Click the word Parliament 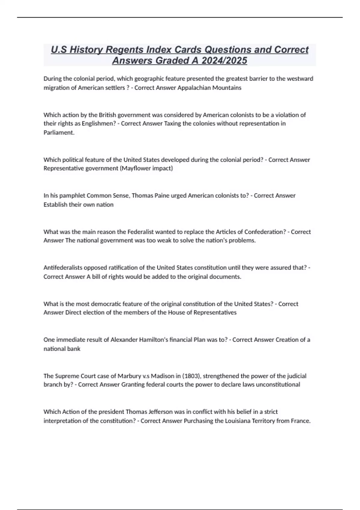(58, 133)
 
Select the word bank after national (74, 349)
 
